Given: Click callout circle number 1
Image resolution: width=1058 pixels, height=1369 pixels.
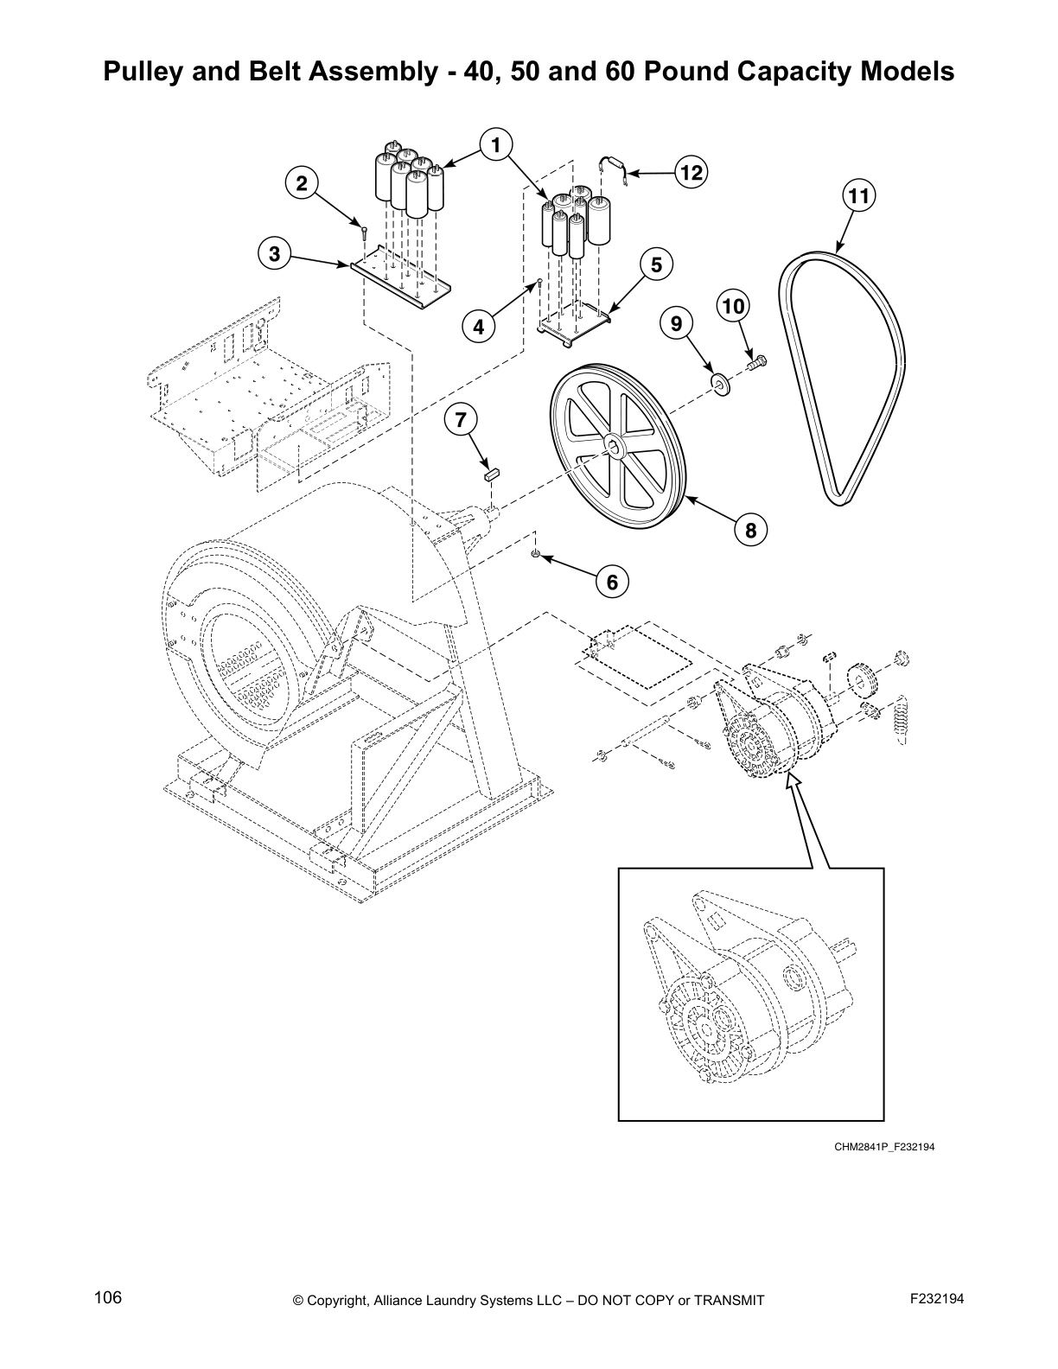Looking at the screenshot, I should click(x=495, y=144).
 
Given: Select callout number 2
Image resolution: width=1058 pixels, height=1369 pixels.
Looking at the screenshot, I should click(x=302, y=183).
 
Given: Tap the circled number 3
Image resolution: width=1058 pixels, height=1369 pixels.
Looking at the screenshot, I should click(x=274, y=254).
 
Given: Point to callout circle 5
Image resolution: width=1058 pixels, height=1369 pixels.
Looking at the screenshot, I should click(x=656, y=264).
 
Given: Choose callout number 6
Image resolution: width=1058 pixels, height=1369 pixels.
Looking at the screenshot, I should click(x=612, y=583).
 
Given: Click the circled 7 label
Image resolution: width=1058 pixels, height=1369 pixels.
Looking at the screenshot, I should click(x=461, y=420).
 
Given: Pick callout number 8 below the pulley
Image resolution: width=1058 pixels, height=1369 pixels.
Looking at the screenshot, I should click(x=750, y=530).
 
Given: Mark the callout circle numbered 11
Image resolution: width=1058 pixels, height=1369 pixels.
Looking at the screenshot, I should click(x=857, y=197).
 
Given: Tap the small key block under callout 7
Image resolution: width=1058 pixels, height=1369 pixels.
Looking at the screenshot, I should click(x=492, y=473).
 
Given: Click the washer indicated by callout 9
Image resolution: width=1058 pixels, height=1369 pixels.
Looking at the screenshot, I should click(x=719, y=383).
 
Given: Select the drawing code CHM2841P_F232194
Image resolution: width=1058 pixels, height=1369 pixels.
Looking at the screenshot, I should click(x=884, y=1148).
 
